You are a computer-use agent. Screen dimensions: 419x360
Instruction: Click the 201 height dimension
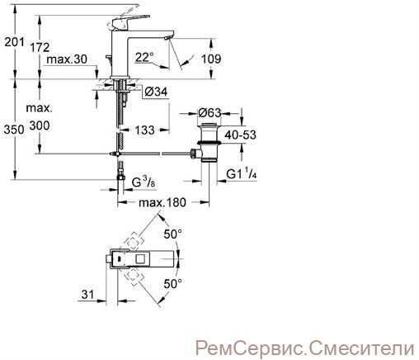coord(14,42)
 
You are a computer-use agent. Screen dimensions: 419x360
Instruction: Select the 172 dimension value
coord(40,47)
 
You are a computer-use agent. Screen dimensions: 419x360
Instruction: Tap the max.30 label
coord(67,59)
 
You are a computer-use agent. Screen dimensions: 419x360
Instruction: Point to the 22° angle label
coord(144,57)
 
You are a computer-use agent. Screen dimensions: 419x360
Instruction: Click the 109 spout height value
coord(211,59)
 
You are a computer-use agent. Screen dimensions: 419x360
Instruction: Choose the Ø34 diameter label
coord(156,92)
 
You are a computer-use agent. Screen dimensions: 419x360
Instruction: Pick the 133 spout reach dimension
coord(144,130)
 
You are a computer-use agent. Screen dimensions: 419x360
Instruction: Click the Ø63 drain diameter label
coord(209,112)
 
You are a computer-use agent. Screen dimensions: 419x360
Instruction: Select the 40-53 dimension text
coord(240,135)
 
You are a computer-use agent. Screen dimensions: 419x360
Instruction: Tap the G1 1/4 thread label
coord(242,174)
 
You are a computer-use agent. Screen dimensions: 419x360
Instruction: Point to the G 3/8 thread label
coord(144,182)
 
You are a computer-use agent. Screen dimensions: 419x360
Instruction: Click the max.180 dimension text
coord(162,203)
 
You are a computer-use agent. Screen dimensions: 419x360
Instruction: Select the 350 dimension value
coord(14,130)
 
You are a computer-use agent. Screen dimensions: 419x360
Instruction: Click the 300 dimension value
coord(40,126)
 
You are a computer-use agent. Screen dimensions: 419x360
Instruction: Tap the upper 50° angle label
coord(172,234)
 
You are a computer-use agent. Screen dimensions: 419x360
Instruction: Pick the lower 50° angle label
coord(172,284)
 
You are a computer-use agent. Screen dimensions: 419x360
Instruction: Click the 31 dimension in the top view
coord(88,295)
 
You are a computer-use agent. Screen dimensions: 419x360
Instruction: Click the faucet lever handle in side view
coord(129,22)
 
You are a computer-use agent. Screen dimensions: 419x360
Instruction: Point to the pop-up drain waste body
coord(209,143)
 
